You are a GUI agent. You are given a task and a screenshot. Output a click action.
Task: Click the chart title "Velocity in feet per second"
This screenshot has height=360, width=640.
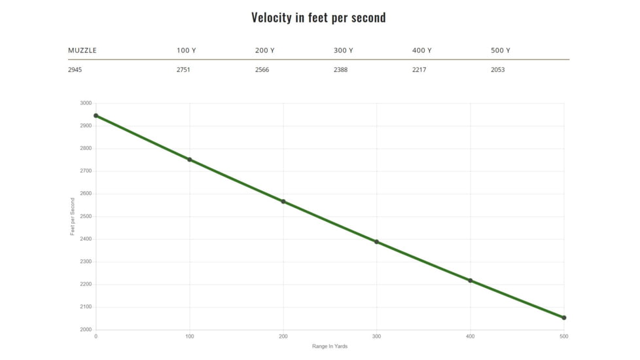319,18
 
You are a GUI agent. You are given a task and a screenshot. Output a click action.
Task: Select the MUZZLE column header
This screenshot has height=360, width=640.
82,50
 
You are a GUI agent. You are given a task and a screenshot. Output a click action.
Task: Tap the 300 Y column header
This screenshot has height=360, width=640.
343,50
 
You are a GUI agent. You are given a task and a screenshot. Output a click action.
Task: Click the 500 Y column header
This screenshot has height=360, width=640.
500,50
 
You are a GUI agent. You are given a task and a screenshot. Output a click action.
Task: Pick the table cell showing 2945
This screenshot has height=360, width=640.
75,70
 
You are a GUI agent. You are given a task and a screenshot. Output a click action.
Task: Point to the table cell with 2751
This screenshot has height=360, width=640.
183,70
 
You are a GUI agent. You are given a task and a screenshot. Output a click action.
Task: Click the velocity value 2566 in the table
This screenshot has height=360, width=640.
262,70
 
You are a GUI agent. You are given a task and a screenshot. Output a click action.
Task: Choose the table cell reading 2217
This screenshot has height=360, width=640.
419,70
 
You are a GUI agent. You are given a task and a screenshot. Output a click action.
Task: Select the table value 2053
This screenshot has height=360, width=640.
497,70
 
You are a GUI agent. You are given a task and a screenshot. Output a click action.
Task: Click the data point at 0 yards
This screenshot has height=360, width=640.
96,116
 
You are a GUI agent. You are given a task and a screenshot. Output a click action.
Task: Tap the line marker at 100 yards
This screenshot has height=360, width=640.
190,160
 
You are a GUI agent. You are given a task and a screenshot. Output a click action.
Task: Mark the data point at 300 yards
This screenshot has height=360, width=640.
376,242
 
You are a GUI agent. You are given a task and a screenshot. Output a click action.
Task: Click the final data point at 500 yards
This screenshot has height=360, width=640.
563,317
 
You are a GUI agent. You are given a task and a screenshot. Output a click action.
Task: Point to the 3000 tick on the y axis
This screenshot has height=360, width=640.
86,103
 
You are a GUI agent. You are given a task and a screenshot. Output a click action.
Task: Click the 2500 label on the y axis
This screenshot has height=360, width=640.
86,217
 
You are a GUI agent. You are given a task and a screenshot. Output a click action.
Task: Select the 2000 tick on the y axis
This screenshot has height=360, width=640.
86,330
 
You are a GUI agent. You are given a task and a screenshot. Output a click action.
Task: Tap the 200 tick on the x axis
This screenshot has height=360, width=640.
283,336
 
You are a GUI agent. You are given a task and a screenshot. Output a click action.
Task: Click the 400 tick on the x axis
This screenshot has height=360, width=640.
470,336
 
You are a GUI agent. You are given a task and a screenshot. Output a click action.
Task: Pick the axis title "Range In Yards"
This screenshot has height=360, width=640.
330,346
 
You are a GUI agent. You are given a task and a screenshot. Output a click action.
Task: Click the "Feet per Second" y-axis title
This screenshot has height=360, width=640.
73,217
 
